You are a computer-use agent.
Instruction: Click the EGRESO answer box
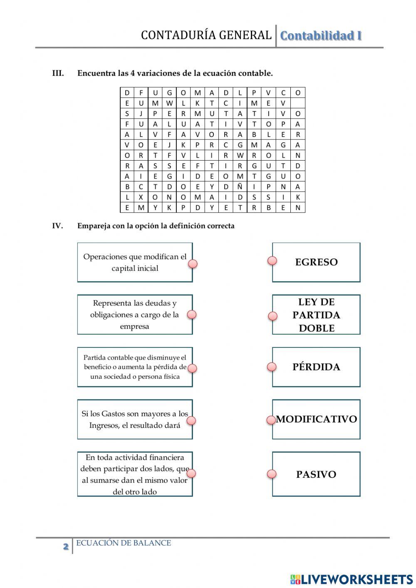tap(316, 262)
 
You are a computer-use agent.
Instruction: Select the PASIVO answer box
tap(316, 474)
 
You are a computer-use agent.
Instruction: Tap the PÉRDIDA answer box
tap(316, 367)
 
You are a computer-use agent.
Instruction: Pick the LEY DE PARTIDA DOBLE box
tap(316, 315)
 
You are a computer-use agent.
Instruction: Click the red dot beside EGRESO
tap(272, 261)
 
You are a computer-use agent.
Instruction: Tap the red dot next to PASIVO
tap(272, 474)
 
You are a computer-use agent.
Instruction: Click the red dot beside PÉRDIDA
tap(272, 367)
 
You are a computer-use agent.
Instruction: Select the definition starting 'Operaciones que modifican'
tap(135, 263)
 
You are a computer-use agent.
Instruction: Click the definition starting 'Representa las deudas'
tap(135, 315)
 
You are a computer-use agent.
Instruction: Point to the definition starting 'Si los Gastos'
tap(135, 419)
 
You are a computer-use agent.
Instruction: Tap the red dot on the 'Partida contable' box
tap(192, 368)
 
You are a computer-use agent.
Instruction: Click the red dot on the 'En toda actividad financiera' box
tap(191, 473)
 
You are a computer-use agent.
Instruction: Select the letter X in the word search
tap(141, 197)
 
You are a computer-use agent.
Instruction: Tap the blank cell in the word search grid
tap(297, 103)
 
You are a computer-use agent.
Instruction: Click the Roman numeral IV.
tap(57, 226)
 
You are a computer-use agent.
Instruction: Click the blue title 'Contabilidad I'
tap(321, 36)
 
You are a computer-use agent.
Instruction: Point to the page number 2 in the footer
tap(66, 546)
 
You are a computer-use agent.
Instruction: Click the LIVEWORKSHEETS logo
tap(352, 579)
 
